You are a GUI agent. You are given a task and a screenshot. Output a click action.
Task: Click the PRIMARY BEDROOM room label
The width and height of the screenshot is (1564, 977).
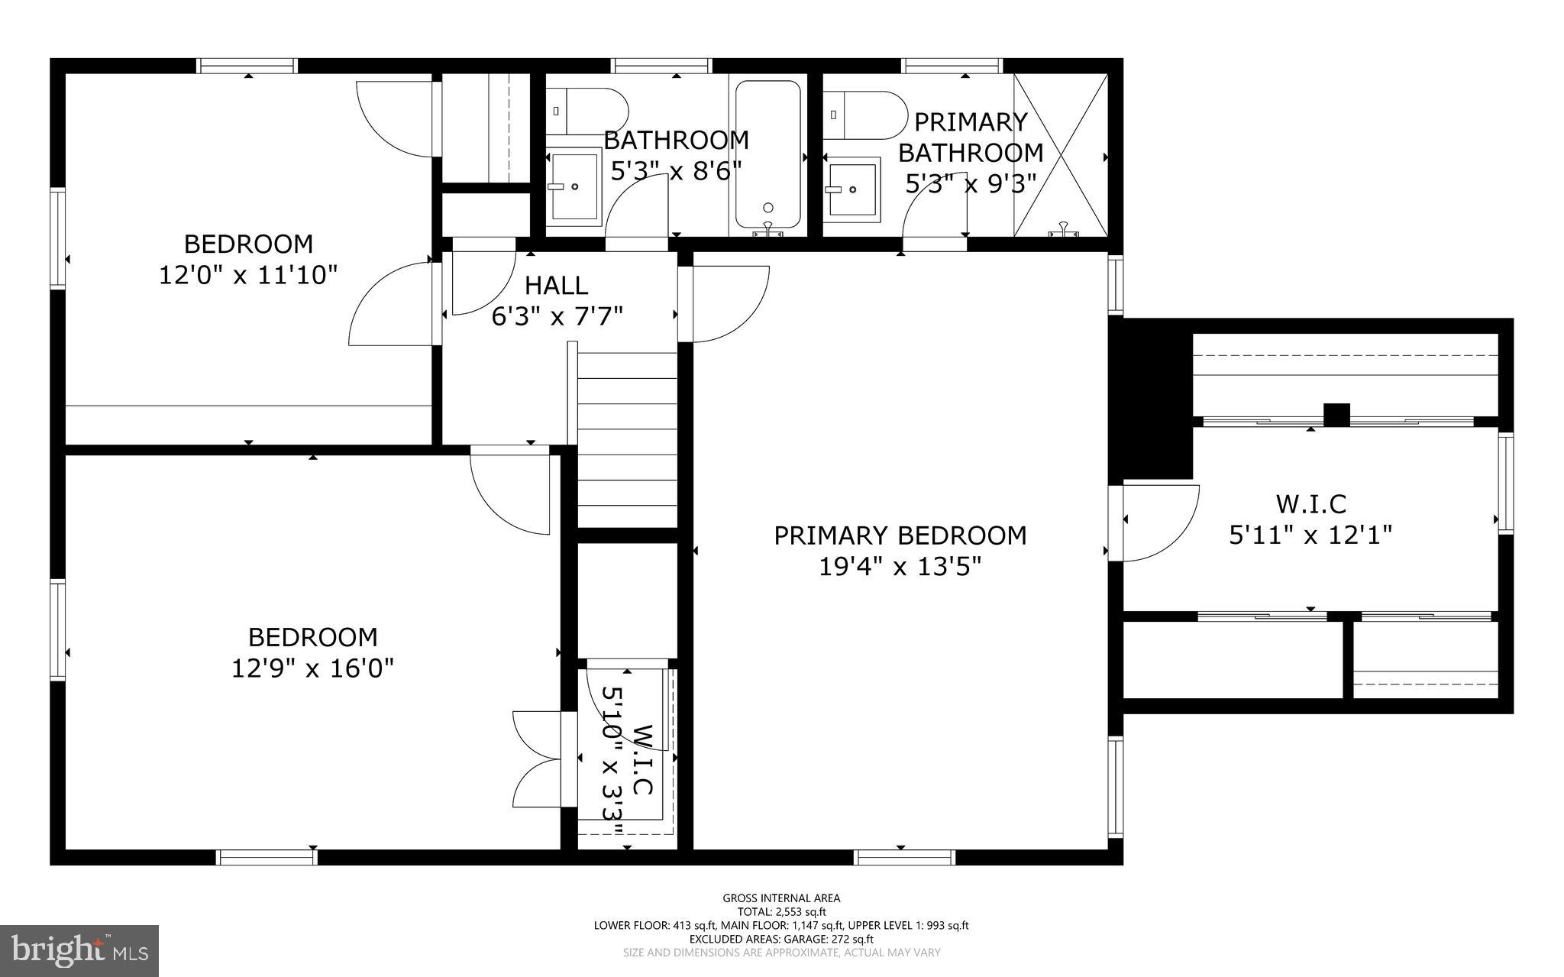[x=900, y=535]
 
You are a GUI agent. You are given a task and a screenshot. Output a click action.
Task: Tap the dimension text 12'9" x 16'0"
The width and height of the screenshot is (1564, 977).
[x=312, y=669]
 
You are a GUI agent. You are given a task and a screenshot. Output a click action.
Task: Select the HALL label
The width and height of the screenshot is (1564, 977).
[x=556, y=286]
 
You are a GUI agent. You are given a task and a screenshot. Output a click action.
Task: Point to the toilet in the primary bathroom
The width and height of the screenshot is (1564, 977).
[x=863, y=115]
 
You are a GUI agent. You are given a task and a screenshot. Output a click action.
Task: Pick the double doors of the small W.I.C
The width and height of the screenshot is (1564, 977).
[x=538, y=759]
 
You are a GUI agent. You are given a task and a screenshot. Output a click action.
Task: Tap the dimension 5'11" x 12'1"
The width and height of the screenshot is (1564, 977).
[x=1310, y=535]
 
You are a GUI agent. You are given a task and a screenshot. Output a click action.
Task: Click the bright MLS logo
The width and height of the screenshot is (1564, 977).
[x=79, y=950]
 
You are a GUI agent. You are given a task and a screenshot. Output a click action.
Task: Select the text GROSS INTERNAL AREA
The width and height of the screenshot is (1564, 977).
[x=781, y=898]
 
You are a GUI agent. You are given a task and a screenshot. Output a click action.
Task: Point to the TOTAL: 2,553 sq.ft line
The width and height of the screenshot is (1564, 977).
[x=781, y=911]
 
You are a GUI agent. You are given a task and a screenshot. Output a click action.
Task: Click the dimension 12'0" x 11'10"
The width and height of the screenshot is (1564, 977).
[x=248, y=275]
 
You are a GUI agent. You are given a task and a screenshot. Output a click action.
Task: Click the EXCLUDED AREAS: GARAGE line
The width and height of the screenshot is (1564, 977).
[x=781, y=939]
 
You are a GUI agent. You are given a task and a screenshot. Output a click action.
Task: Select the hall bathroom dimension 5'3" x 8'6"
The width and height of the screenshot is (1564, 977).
[x=676, y=170]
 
